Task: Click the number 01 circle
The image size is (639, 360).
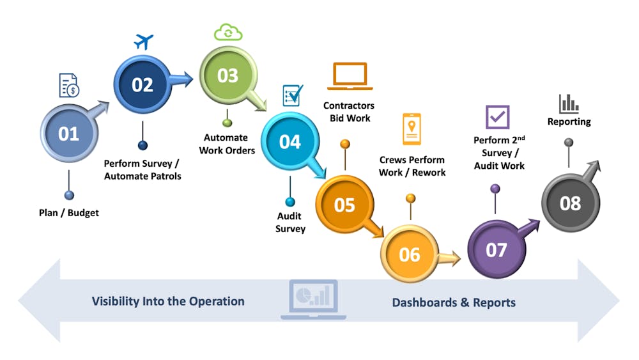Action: (68, 134)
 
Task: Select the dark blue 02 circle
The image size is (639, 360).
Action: (142, 84)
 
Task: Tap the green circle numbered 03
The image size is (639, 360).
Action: (227, 76)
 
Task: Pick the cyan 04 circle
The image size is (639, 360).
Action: (289, 141)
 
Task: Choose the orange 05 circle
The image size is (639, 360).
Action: (344, 205)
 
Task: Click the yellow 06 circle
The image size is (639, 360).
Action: (410, 254)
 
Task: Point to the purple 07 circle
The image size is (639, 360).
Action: (496, 250)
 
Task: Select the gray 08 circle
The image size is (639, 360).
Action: (570, 203)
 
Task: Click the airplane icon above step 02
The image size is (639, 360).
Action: (144, 42)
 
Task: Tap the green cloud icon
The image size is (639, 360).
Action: (228, 31)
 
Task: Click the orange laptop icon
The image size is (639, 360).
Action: (350, 77)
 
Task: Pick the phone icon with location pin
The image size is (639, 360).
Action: (412, 129)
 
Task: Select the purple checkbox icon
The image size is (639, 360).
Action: (497, 117)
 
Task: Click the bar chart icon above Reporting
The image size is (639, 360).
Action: (568, 104)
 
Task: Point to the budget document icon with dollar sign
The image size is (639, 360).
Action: (69, 86)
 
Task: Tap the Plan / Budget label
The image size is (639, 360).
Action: (69, 212)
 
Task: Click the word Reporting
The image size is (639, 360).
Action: (569, 121)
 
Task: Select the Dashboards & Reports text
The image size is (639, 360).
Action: (454, 302)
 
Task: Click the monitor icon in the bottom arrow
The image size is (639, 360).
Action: (313, 299)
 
